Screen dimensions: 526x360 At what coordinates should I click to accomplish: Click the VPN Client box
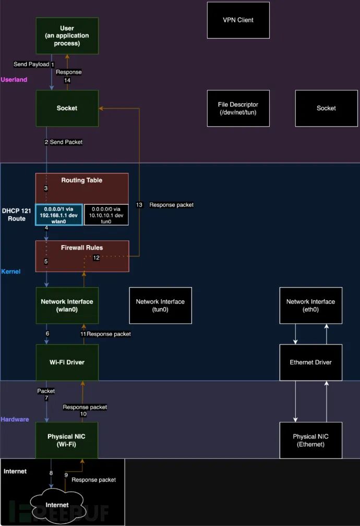point(238,20)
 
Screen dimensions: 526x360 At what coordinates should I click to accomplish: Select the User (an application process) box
point(67,35)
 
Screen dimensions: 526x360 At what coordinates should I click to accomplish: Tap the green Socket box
point(67,108)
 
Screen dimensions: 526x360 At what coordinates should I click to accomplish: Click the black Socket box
point(326,108)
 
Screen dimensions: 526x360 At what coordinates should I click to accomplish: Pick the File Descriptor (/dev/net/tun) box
point(238,108)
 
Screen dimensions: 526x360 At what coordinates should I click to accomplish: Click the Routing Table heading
point(82,180)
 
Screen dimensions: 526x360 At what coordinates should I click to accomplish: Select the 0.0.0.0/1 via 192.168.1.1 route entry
point(58,214)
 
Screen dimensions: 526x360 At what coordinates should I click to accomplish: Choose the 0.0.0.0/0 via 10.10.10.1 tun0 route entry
point(106,214)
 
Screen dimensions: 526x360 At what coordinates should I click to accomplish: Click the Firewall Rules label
point(82,248)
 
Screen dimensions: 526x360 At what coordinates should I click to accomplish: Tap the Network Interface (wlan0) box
point(67,305)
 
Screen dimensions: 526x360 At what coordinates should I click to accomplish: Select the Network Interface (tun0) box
point(160,305)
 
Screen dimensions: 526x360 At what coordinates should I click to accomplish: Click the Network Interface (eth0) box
point(310,305)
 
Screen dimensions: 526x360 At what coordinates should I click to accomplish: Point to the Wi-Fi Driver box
point(67,362)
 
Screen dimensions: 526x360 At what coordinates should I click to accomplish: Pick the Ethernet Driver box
point(310,362)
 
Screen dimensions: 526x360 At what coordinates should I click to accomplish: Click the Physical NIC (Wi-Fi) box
point(67,441)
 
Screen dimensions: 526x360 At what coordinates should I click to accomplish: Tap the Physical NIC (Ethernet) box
point(310,441)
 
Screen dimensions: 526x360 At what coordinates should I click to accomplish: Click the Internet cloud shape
point(57,505)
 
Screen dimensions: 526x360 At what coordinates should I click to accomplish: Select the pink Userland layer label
point(14,80)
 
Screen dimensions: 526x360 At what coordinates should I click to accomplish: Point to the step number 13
point(139,205)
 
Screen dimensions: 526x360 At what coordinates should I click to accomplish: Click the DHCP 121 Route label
point(16,215)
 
